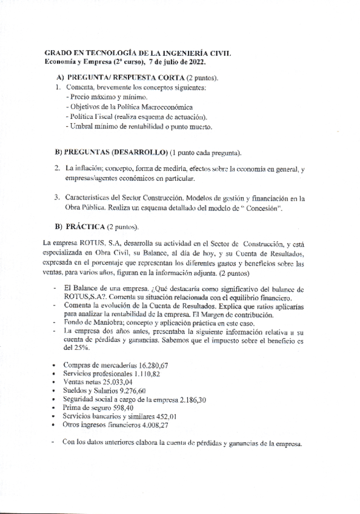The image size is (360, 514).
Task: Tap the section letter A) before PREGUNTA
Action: [60, 78]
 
